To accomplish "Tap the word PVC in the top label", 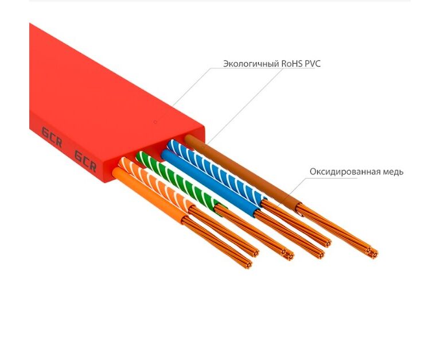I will (313, 64).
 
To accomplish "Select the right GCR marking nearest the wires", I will (85, 161).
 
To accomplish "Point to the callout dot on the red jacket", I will (155, 122).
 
